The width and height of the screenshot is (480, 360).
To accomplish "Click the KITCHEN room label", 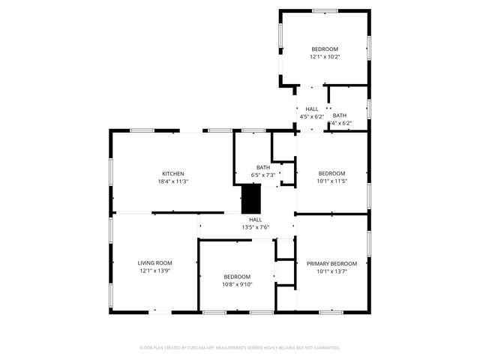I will pos(172,174).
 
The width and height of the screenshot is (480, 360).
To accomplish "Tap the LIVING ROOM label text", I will pos(154,263).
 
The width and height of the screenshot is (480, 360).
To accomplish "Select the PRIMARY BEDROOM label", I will pos(331,263).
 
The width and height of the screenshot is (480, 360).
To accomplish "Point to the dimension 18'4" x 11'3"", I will pos(172,181).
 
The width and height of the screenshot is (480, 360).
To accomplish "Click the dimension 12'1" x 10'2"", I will pos(325,56).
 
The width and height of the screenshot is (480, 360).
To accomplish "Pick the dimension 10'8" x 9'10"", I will pos(237,284).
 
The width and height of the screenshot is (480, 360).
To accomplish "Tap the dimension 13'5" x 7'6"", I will pos(255,227).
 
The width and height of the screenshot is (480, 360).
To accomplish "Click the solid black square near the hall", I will pos(250,199).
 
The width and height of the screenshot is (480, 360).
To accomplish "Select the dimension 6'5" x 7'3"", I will pos(263,175).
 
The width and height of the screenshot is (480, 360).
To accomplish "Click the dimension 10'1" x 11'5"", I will pos(331,181).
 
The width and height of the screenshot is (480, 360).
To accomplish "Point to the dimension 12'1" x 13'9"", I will pos(154,271).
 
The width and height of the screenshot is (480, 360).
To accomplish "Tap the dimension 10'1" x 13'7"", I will pos(331,271).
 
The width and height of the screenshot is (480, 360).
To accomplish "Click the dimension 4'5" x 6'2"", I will pos(311,116).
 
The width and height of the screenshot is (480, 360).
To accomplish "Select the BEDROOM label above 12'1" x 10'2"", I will pos(325,49).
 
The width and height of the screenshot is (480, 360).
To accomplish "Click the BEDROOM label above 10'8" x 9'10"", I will pos(237,277).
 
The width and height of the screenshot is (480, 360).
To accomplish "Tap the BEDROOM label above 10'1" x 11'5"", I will pos(331,173).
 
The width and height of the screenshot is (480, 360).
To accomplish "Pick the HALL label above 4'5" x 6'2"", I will pos(311,109).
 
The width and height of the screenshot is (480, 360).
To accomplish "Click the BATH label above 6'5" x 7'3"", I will pos(263,167).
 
